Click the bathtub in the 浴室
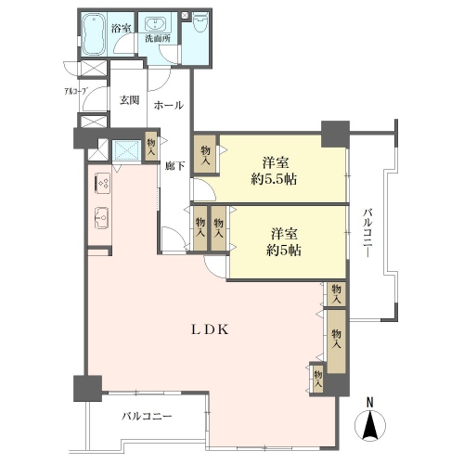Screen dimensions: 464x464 [x=93, y=34]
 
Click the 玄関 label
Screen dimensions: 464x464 [x=130, y=100]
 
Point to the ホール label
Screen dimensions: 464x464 [x=169, y=106]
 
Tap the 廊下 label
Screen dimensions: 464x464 [x=175, y=166]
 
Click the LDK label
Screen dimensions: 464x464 [x=210, y=330]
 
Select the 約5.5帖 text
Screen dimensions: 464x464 [x=274, y=179]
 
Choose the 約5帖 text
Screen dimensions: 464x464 [x=284, y=251]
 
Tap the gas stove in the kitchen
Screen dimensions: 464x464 [x=103, y=184]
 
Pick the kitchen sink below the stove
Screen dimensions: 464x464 [x=102, y=218]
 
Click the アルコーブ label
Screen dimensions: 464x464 [x=75, y=91]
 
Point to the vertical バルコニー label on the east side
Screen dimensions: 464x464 [x=367, y=233]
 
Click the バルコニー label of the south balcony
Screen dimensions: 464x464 [x=147, y=416]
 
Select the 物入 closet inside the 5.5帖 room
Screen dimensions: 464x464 [x=205, y=154]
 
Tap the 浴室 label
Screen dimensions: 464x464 [x=121, y=29]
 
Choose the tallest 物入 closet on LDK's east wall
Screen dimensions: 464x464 [x=336, y=342]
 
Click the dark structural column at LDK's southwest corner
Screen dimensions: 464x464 [x=87, y=388]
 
